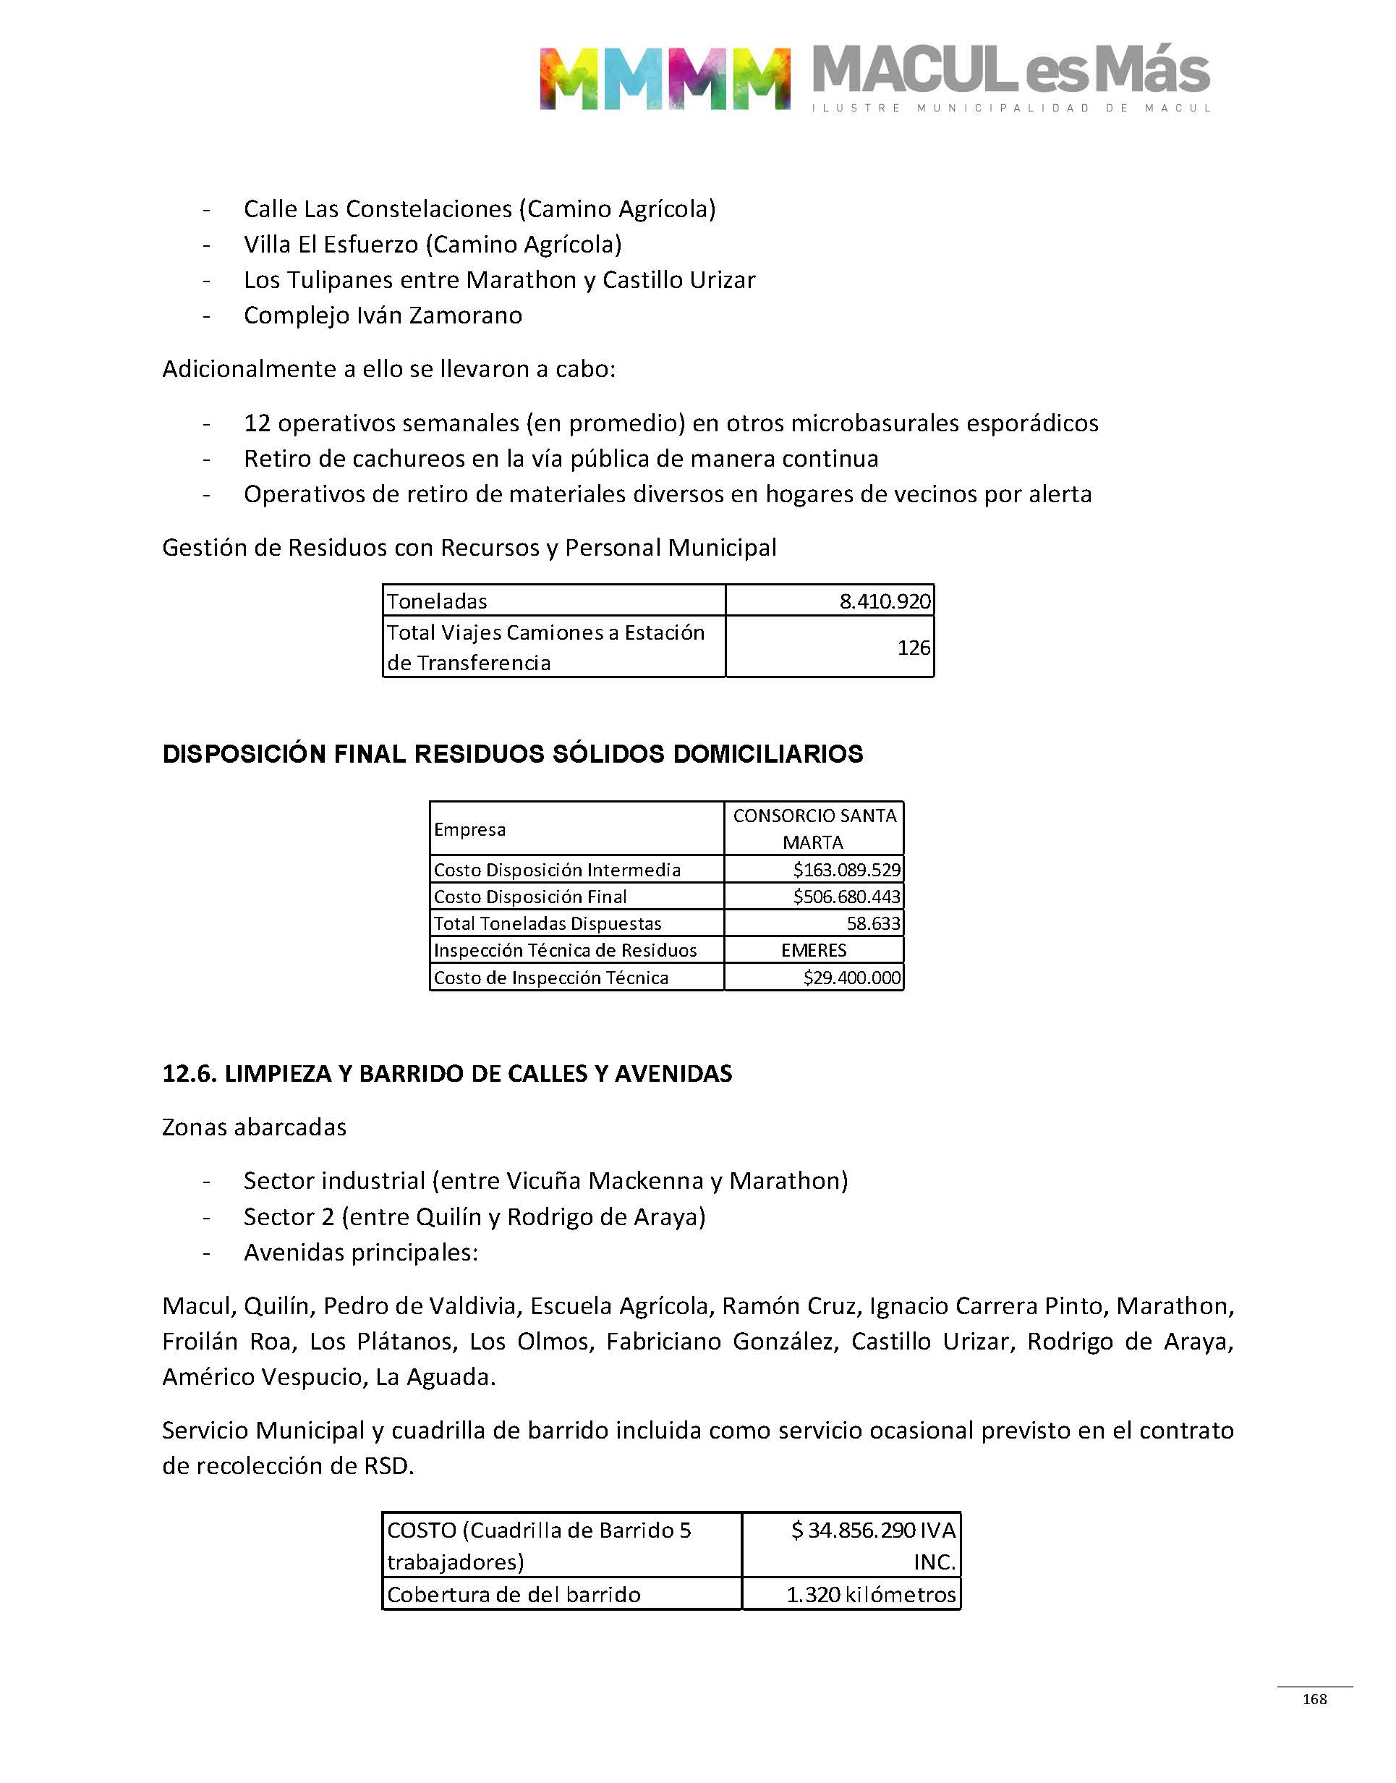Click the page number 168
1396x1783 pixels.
[x=1314, y=1699]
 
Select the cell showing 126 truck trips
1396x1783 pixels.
[x=913, y=648]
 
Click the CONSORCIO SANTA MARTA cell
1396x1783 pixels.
[x=814, y=828]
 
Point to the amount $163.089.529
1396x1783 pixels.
[x=846, y=869]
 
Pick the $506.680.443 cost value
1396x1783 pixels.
[x=846, y=896]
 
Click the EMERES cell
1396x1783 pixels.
[x=813, y=950]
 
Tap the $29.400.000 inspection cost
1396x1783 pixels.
[x=851, y=978]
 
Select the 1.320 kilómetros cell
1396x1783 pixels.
[x=870, y=1594]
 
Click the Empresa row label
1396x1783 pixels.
[x=470, y=829]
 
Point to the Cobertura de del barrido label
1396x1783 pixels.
[x=514, y=1594]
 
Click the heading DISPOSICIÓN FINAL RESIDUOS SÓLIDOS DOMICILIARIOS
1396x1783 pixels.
[x=512, y=754]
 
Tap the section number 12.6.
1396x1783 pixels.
[x=189, y=1073]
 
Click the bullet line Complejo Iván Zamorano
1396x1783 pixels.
[x=383, y=315]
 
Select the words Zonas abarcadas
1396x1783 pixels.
[x=254, y=1127]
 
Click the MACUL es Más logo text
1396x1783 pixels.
[x=1010, y=72]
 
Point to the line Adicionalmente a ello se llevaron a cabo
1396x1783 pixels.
[x=388, y=370]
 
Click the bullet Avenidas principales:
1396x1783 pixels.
[x=360, y=1253]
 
